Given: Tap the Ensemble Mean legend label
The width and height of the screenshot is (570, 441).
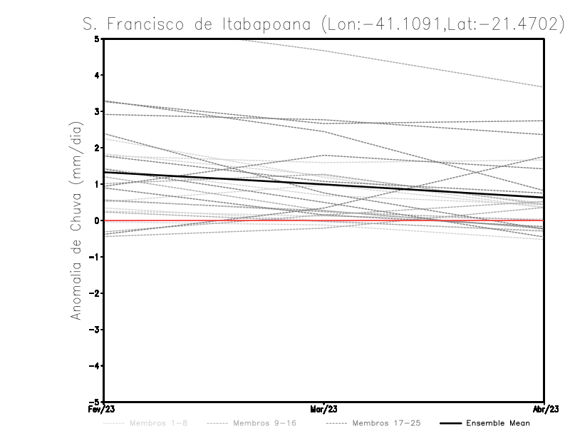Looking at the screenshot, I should [x=497, y=423].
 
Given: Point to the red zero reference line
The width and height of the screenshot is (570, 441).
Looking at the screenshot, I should [x=427, y=220].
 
